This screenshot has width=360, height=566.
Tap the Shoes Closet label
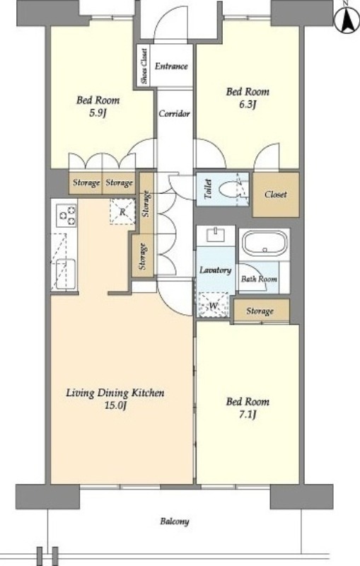click(144, 67)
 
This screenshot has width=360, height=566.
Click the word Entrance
click(171, 66)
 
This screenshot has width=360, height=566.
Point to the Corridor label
click(174, 114)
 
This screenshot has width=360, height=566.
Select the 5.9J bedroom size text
click(98, 113)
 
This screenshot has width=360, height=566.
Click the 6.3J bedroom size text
click(248, 105)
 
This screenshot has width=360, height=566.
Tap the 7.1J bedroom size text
click(248, 415)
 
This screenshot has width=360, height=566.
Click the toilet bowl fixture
click(233, 190)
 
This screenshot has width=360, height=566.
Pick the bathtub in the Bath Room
click(265, 243)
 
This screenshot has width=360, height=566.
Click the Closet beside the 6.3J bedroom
click(276, 195)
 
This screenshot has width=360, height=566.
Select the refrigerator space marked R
click(122, 212)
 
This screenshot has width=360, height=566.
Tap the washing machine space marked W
click(214, 305)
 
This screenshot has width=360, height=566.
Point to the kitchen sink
click(64, 274)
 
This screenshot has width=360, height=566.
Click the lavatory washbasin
click(216, 236)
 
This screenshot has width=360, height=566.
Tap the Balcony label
click(175, 521)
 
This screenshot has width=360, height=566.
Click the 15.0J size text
click(115, 405)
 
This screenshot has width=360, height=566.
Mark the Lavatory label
click(215, 270)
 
